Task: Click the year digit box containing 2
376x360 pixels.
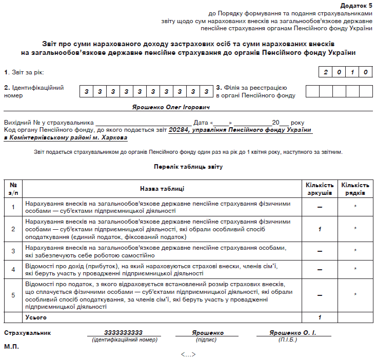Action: (325, 72)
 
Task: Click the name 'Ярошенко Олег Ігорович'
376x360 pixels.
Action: (171, 107)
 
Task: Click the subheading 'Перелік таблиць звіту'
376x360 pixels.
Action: (188, 167)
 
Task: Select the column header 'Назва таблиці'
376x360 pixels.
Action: (162, 189)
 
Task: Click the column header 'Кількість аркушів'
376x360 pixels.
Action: (320, 189)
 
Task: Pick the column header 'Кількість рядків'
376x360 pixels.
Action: (355, 189)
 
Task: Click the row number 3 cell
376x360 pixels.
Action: (13, 251)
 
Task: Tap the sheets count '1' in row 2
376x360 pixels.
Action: (320, 229)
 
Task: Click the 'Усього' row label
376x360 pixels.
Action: (36, 317)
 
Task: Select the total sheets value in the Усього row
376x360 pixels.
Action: (320, 317)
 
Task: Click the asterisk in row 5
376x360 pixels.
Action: (355, 295)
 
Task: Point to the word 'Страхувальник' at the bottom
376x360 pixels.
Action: (27, 333)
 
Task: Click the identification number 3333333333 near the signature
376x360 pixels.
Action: (123, 333)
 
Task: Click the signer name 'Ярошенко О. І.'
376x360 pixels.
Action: (292, 333)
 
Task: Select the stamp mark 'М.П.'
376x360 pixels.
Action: (11, 347)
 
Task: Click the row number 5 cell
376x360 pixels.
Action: (13, 295)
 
